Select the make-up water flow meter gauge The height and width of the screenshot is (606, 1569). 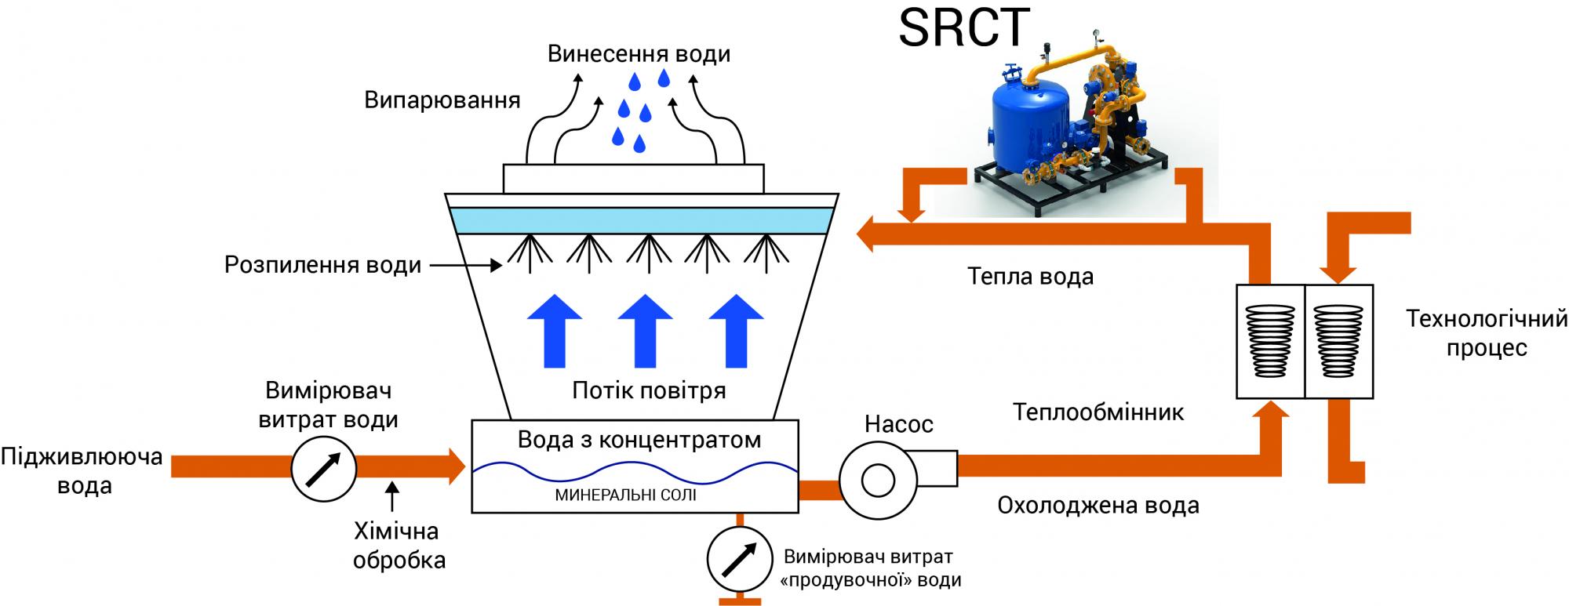click(x=323, y=468)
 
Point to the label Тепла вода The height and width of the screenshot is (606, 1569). click(x=1030, y=276)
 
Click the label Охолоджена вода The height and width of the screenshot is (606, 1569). click(x=1098, y=505)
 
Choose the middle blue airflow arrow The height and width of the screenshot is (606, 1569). click(x=645, y=331)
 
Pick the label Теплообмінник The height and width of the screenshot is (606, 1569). click(x=1098, y=412)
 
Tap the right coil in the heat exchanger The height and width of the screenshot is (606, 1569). click(x=1338, y=340)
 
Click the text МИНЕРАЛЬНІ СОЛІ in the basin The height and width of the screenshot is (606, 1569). click(x=625, y=495)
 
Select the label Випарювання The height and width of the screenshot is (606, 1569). click(x=442, y=101)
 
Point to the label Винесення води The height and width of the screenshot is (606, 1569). click(x=639, y=54)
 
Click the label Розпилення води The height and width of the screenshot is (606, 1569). click(x=322, y=265)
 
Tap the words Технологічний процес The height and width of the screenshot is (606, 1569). click(x=1486, y=333)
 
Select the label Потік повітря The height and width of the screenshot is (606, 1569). click(x=649, y=390)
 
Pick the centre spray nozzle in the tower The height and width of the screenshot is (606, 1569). click(x=647, y=251)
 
